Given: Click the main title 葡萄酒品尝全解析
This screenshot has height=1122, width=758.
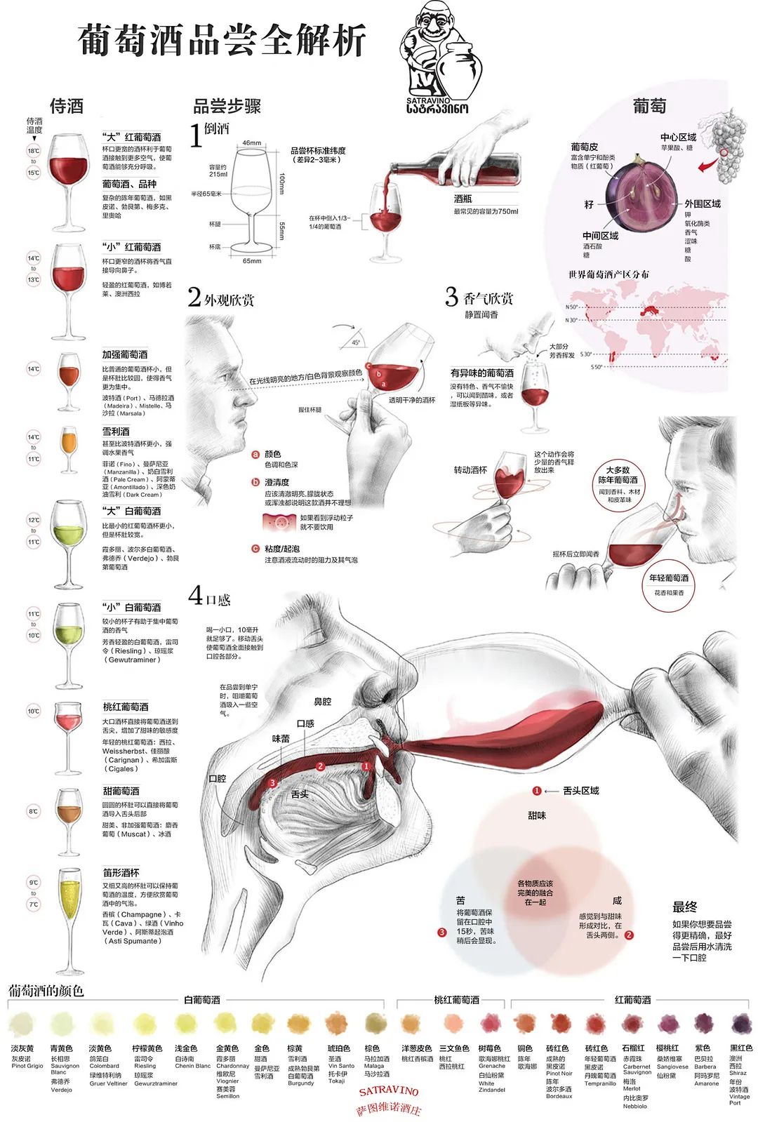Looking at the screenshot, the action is point(222,40).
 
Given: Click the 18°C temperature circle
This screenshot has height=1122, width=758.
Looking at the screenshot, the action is point(34,151).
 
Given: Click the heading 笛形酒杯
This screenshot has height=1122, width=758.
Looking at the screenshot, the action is point(121,872).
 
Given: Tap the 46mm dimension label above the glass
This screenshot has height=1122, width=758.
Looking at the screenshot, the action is point(251,143).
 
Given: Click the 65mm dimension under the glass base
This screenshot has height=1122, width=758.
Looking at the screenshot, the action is point(252,261).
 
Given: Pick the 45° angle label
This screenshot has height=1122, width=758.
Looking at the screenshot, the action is point(356,342).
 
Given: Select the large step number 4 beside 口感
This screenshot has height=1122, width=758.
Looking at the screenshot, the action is point(195,596).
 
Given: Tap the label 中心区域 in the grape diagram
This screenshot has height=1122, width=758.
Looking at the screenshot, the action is point(678,138).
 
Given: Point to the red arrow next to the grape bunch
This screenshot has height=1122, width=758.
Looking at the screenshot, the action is point(708,165).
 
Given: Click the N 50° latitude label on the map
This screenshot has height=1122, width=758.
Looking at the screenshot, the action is point(572,307).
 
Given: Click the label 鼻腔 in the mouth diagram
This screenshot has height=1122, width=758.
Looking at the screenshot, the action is point(322,701).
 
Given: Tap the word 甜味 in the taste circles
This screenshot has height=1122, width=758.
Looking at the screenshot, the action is point(537,815).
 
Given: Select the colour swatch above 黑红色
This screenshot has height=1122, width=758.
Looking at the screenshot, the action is point(740,1024).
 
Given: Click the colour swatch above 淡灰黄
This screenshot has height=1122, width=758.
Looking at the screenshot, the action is point(22,1024).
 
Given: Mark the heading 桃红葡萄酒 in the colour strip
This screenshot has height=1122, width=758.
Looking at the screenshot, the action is point(456,1000).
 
